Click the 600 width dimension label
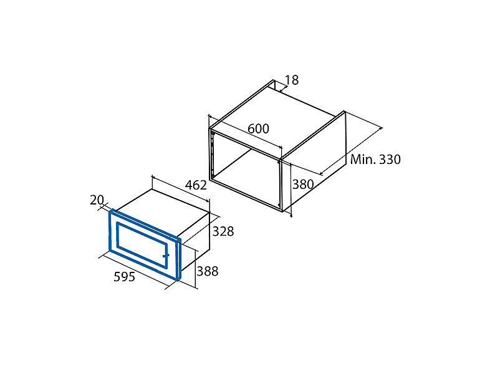tap(258, 128)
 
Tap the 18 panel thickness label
tap(292, 80)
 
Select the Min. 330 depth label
tap(375, 160)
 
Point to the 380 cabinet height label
tap(303, 184)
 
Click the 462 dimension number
tap(196, 185)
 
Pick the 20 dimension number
tap(97, 200)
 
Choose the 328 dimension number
tap(223, 231)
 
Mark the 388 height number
tap(208, 271)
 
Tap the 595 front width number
tap(125, 277)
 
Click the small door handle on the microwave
tap(166, 256)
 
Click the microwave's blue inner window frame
tap(117, 235)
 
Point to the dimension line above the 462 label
tap(181, 190)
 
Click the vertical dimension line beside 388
tap(195, 269)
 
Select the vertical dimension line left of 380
tap(291, 190)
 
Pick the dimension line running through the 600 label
tap(246, 132)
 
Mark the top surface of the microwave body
tap(163, 213)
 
